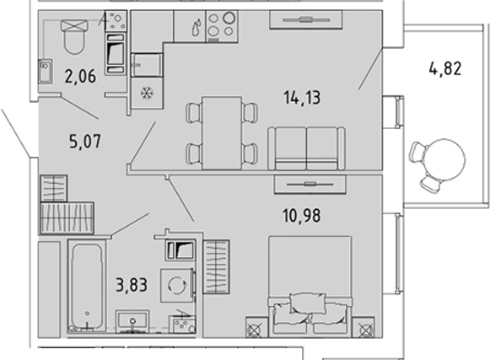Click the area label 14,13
click(x=302, y=98)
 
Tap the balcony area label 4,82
click(x=445, y=69)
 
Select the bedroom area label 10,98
click(x=302, y=216)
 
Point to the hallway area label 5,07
click(x=85, y=142)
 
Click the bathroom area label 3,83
click(x=132, y=285)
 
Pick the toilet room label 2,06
click(x=80, y=77)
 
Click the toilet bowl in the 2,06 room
click(x=74, y=37)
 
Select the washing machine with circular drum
click(x=177, y=285)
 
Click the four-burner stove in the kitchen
click(x=222, y=27)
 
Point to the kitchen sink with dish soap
click(x=190, y=27)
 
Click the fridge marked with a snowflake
click(x=147, y=94)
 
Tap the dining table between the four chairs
click(x=222, y=133)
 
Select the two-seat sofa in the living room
click(x=306, y=148)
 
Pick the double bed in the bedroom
click(x=310, y=287)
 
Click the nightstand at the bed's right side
click(x=363, y=327)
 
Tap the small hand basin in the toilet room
click(x=46, y=72)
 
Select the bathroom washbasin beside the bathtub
click(x=132, y=321)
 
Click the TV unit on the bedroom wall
click(x=310, y=185)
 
